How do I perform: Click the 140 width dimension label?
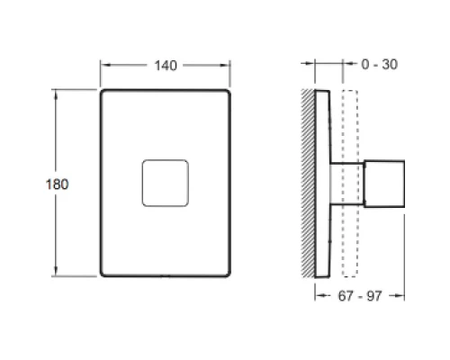pos(166,66)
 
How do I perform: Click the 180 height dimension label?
pos(57,184)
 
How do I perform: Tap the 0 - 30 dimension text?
pos(380,65)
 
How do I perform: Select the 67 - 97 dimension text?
pos(360,296)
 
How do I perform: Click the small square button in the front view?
pos(166,184)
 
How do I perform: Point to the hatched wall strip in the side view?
pos(308,183)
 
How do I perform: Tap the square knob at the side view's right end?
pos(384,184)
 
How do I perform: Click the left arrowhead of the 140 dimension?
pos(104,65)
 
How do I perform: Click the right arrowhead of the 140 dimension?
pos(226,65)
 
